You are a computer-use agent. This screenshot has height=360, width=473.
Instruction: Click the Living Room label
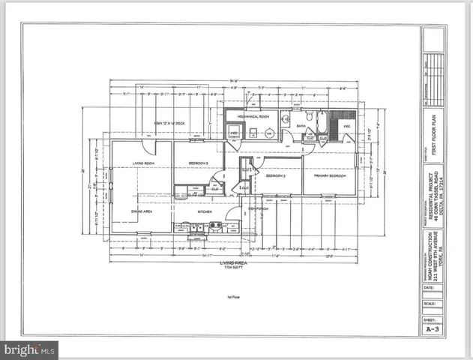point(143,162)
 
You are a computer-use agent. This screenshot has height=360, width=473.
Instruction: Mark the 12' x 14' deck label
point(168,122)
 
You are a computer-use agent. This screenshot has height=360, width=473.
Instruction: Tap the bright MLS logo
point(30,349)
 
